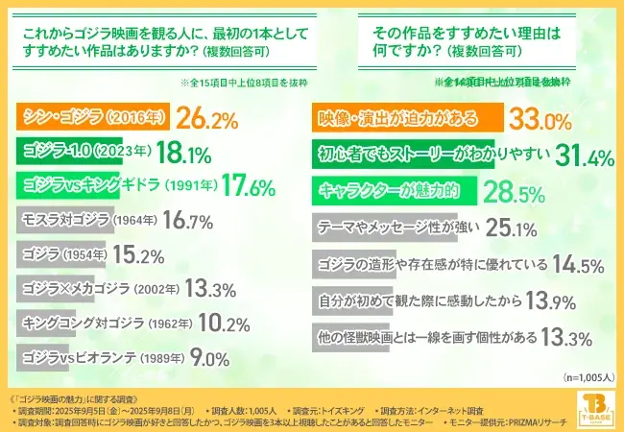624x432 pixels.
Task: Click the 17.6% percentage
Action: point(231,187)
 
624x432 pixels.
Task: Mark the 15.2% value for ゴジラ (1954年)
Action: point(160,255)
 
